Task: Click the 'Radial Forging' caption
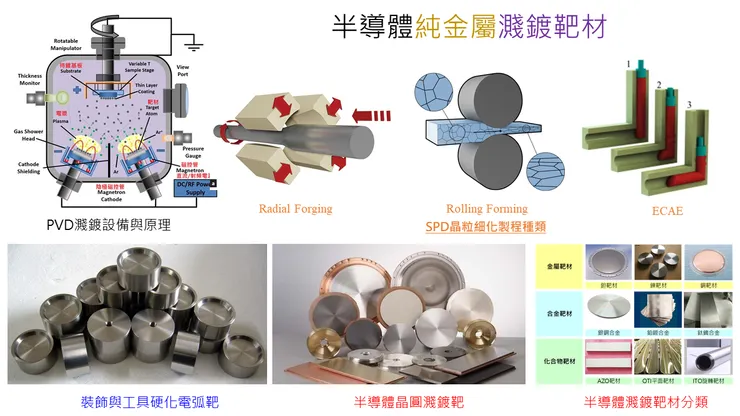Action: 295,209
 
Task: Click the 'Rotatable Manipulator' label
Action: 74,45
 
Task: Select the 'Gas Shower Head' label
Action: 27,136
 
